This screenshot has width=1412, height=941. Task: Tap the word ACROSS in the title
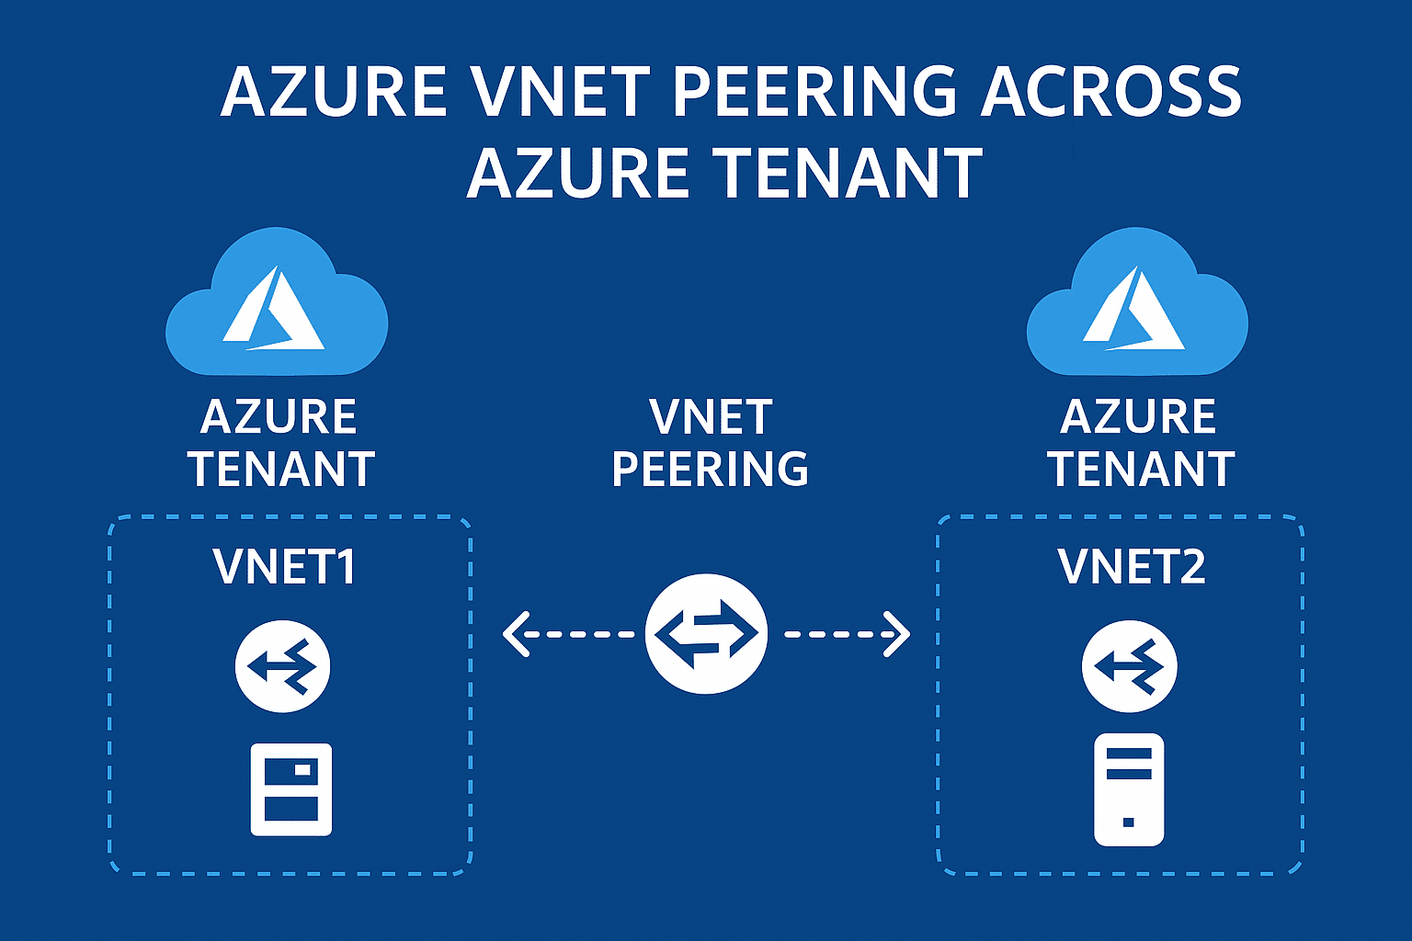tap(1110, 92)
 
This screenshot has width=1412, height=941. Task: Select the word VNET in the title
tap(560, 92)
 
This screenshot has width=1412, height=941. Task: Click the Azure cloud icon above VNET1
tap(277, 303)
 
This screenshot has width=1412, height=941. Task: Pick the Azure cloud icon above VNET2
tap(1137, 303)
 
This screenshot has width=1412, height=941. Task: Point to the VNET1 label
tap(284, 566)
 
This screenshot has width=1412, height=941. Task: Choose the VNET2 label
tap(1132, 566)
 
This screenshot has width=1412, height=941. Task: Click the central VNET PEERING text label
tap(710, 443)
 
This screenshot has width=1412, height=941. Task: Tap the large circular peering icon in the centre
tap(706, 634)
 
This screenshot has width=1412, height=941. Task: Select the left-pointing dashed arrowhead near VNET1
tap(516, 634)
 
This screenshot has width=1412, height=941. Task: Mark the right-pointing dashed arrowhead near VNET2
tap(897, 634)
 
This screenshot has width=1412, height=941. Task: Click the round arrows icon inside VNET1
tap(283, 667)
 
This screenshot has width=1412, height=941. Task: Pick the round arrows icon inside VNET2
tap(1130, 667)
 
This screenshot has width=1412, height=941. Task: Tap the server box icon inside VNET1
tap(291, 789)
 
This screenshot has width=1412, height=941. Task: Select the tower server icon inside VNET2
tap(1129, 789)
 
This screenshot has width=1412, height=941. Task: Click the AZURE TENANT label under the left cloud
tap(280, 443)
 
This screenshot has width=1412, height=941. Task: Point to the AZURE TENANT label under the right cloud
tap(1140, 443)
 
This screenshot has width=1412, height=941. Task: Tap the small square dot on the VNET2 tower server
tap(1129, 822)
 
